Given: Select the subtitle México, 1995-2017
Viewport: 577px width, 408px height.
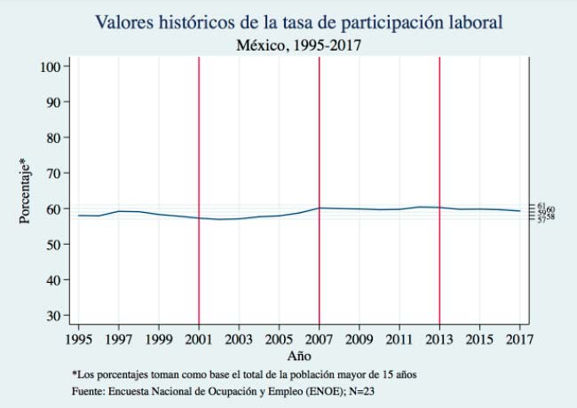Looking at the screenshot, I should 289,43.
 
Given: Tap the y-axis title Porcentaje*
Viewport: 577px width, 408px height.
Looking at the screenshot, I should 26,191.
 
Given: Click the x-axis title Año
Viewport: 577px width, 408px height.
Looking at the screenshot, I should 299,355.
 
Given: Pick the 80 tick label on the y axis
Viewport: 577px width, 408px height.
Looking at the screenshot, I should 52,137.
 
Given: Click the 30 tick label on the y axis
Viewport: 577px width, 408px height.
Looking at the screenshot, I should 52,315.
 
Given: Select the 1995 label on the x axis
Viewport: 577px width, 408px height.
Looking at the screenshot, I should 79,339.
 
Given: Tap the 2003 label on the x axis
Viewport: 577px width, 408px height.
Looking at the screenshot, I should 239,339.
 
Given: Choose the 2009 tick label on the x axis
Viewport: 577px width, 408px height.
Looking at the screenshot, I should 359,339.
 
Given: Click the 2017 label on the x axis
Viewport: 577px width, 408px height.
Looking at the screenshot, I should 519,339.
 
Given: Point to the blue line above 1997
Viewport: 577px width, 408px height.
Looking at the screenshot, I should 119,211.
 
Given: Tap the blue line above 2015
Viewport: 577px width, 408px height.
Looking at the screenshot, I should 479,208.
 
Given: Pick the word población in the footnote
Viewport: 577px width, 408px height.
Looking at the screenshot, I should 304,374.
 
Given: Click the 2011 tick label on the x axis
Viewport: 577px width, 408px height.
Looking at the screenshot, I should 399,339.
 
